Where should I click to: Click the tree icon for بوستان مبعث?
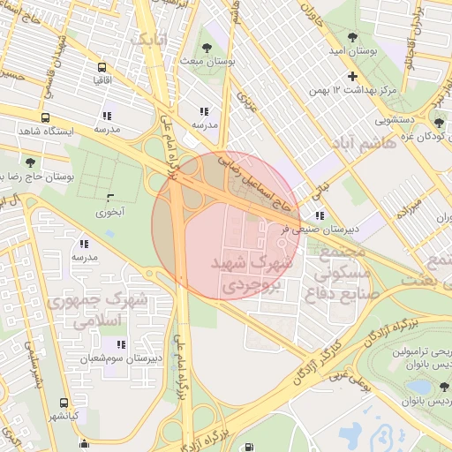pyautogui.click(x=207, y=48)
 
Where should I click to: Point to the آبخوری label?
pyautogui.click(x=110, y=213)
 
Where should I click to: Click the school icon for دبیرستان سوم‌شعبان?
pyautogui.click(x=121, y=344)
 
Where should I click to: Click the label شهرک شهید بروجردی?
pyautogui.click(x=250, y=275)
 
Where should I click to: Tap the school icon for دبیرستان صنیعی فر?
pyautogui.click(x=319, y=215)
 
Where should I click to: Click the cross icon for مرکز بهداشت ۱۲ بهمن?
pyautogui.click(x=352, y=77)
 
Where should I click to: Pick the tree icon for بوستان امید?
pyautogui.click(x=353, y=38)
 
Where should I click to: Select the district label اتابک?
pyautogui.click(x=147, y=40)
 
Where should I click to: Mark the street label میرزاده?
pyautogui.click(x=409, y=208)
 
